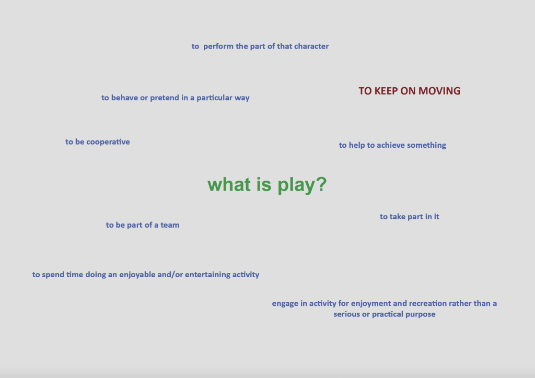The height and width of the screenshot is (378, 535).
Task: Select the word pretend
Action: [x=165, y=98]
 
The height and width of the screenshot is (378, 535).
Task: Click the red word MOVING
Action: [x=439, y=91]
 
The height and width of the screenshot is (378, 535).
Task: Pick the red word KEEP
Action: [x=386, y=91]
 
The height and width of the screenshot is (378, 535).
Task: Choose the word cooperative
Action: [x=108, y=142]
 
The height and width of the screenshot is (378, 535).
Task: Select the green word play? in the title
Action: [x=302, y=185]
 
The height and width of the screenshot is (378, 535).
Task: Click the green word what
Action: [x=229, y=184]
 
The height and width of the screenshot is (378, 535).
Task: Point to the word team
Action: [x=170, y=225]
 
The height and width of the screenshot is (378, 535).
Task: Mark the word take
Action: [x=398, y=217]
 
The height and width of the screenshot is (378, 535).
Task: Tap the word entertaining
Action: [x=207, y=275]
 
